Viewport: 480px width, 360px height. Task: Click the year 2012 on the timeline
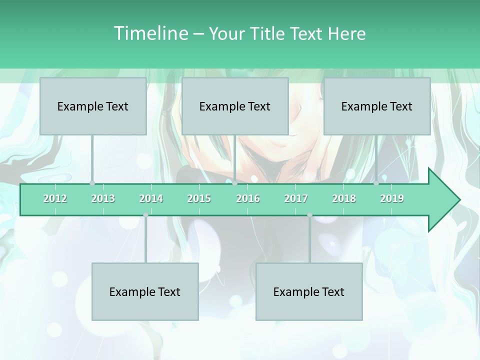point(55,198)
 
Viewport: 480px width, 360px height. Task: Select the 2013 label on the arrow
point(103,198)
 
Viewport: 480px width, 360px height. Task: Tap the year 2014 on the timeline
point(151,198)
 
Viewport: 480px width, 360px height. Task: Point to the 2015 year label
point(199,198)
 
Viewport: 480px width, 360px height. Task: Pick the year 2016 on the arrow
point(248,198)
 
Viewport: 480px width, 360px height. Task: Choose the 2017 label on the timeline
point(296,198)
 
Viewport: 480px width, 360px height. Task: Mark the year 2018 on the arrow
point(344,198)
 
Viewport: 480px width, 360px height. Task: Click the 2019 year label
point(392,198)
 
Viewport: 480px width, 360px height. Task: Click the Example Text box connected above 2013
point(93,106)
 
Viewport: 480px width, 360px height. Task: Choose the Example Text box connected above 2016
point(235,106)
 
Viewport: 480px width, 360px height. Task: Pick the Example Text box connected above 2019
point(377,106)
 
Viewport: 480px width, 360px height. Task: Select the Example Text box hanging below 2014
point(145,291)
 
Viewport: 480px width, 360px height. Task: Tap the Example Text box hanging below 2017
point(309,291)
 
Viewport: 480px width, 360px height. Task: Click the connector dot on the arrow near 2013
point(92,183)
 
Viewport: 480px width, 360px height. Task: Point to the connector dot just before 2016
point(234,183)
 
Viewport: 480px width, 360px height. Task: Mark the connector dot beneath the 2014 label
point(145,215)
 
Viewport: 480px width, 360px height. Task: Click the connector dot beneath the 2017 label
point(309,215)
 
